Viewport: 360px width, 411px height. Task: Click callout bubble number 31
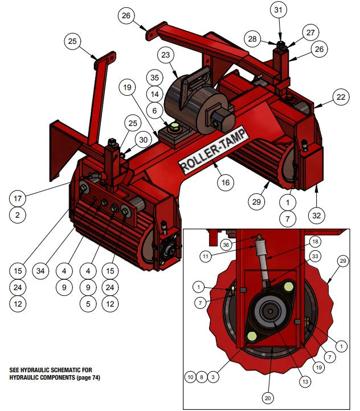(x=278, y=11)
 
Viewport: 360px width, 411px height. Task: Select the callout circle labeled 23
(x=166, y=55)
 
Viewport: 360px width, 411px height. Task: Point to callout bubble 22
(x=341, y=97)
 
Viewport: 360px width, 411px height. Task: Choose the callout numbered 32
(x=316, y=215)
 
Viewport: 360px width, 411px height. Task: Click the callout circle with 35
(x=153, y=77)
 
